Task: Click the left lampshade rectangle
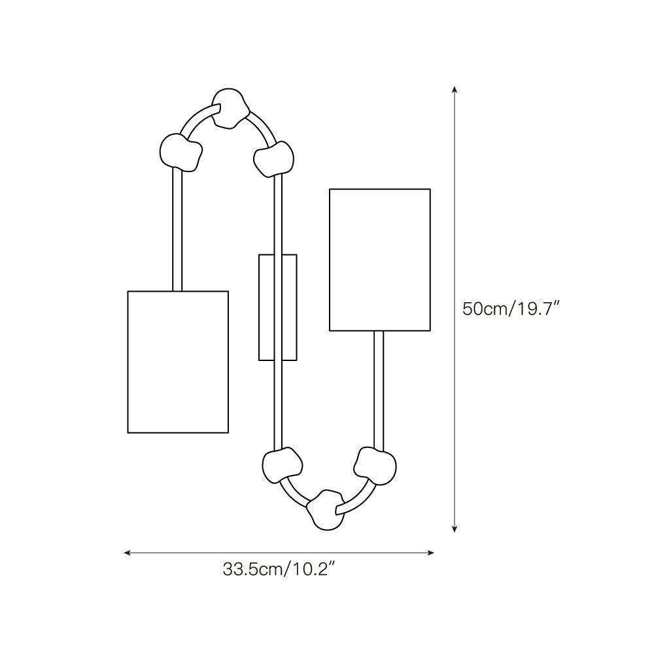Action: pyautogui.click(x=178, y=362)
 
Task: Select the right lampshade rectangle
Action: pyautogui.click(x=380, y=260)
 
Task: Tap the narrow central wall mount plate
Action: pyautogui.click(x=278, y=307)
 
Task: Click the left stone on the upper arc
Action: pyautogui.click(x=181, y=152)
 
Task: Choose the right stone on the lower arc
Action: pyautogui.click(x=375, y=466)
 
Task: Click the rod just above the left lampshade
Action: pyautogui.click(x=177, y=229)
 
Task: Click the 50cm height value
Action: pyautogui.click(x=485, y=309)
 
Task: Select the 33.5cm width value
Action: pyautogui.click(x=252, y=570)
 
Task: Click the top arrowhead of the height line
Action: pyautogui.click(x=455, y=89)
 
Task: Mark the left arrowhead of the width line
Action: pyautogui.click(x=127, y=553)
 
